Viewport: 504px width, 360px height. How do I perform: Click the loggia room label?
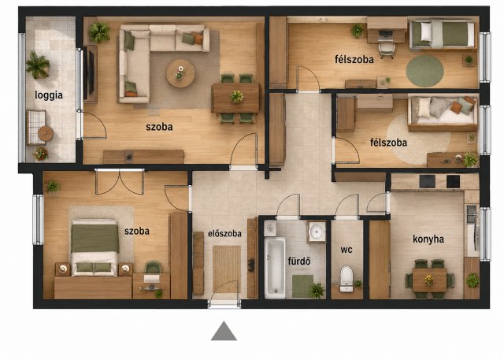point(49,95)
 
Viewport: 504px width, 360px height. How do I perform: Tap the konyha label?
point(428,239)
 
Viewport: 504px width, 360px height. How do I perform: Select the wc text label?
point(346,250)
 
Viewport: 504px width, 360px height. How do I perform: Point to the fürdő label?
point(299,261)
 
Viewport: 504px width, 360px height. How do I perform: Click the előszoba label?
point(224,233)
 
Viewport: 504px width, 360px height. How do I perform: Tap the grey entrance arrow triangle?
point(224,331)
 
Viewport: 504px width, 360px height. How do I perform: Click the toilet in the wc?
point(346,278)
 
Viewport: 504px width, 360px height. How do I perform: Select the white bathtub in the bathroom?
point(275,267)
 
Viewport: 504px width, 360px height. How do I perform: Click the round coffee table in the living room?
point(180,73)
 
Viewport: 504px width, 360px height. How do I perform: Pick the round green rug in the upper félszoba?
point(425,71)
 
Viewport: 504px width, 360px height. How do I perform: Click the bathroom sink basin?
point(317,231)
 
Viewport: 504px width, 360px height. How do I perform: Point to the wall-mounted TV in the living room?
point(90,75)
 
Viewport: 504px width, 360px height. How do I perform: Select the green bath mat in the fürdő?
point(302,286)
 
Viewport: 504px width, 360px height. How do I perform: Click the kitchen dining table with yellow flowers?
point(429,280)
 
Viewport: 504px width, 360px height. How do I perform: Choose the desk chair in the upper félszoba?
point(387,50)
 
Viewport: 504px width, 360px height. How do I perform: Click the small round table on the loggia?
point(46,133)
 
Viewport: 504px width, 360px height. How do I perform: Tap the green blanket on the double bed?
point(94,238)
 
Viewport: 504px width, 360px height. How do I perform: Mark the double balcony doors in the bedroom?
point(119,182)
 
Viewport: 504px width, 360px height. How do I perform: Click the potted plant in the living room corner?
point(99,32)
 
